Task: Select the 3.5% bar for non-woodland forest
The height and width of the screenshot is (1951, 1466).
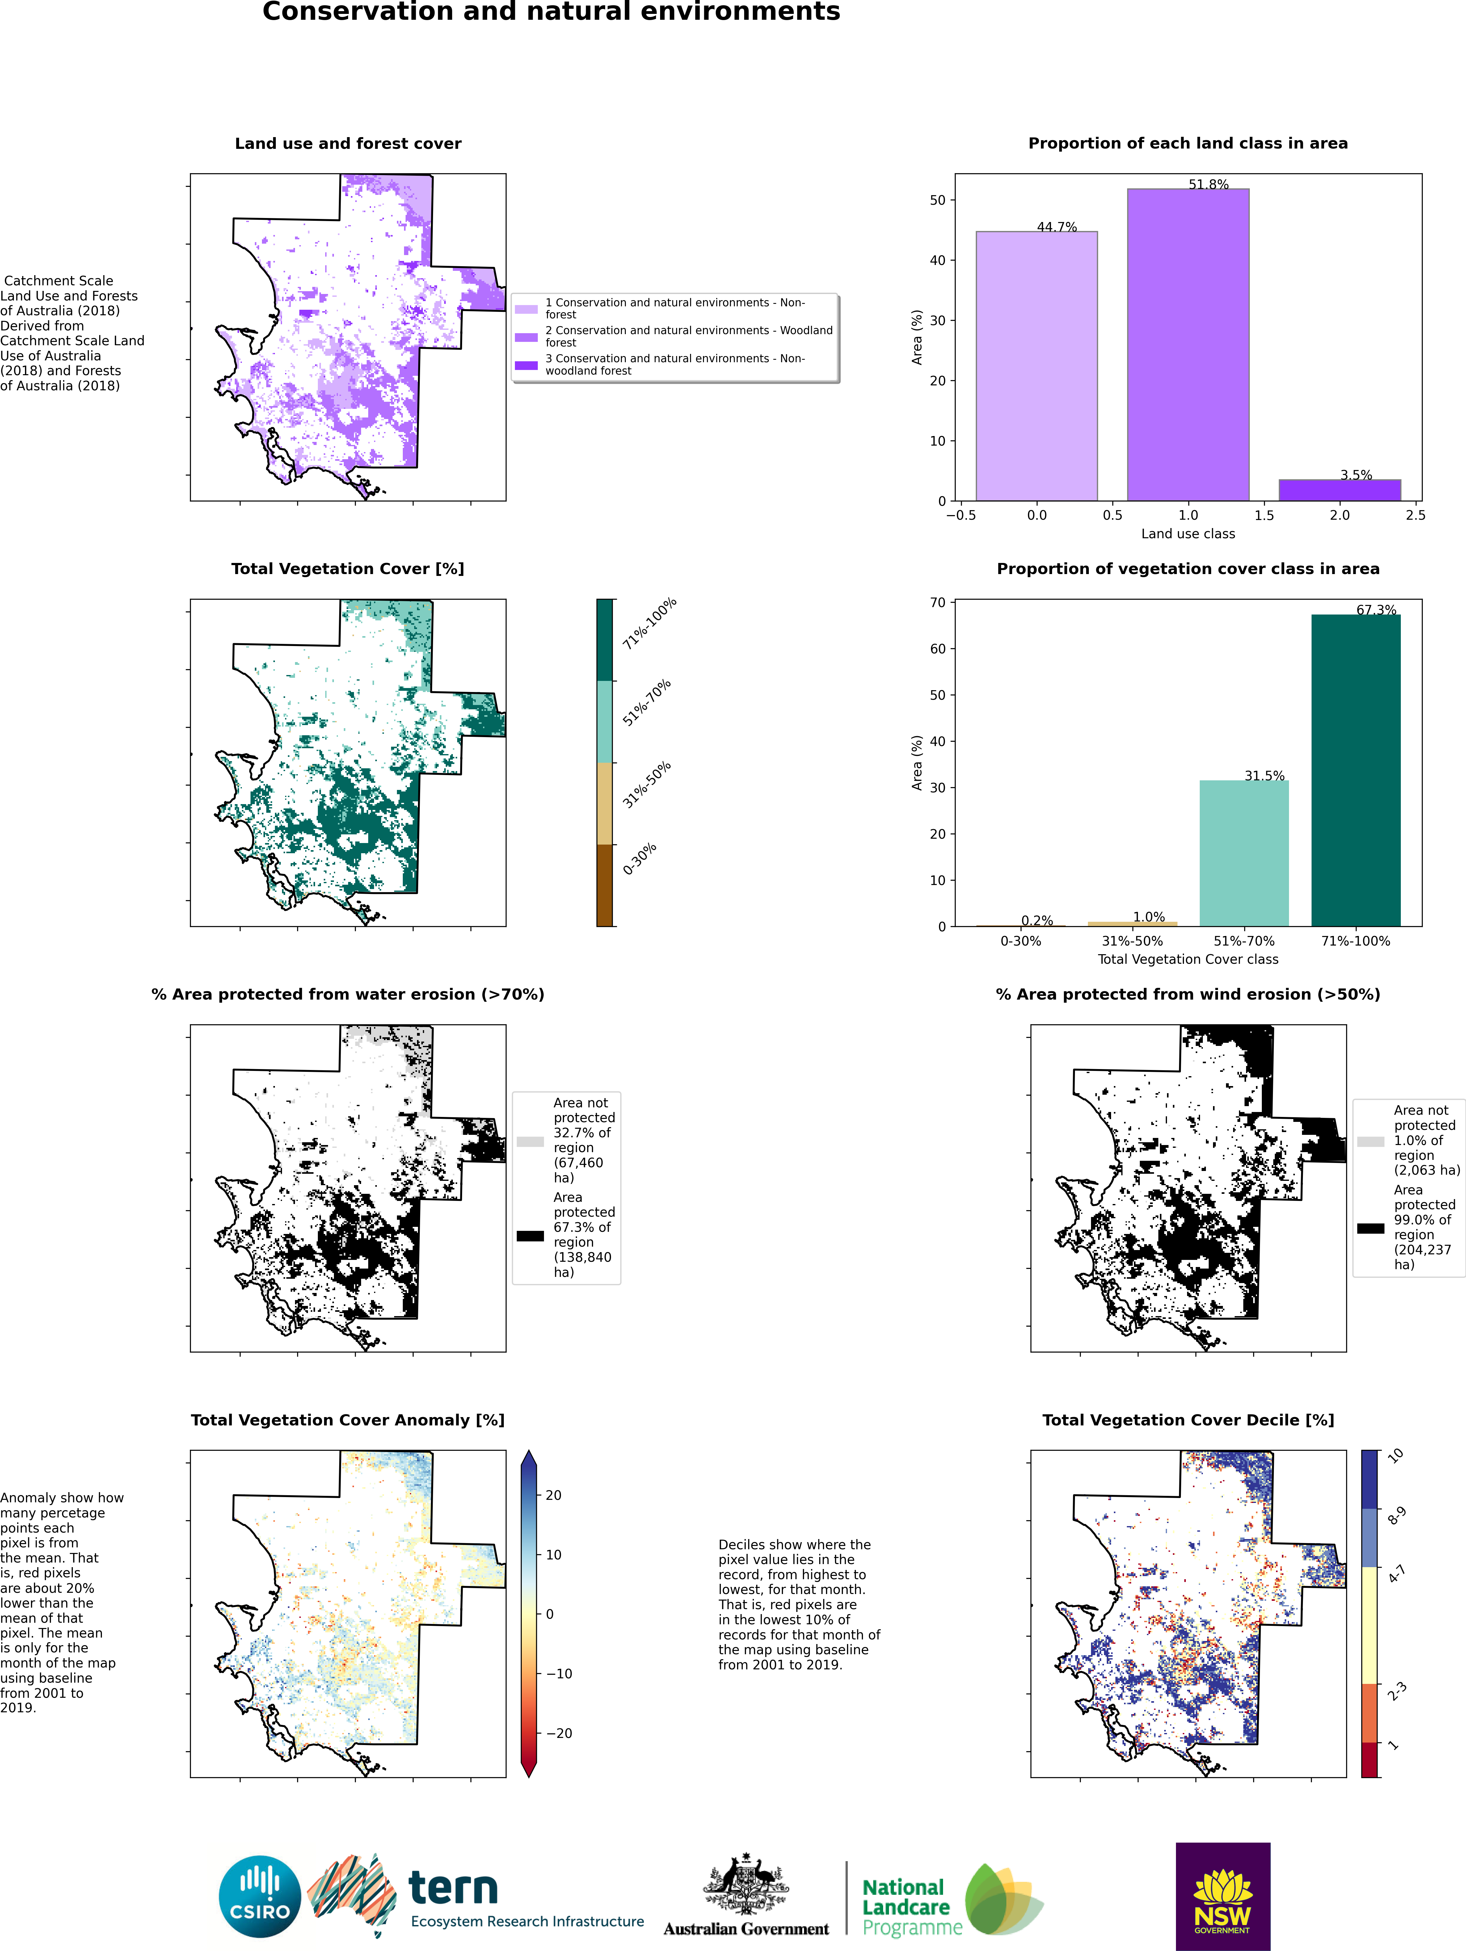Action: coord(1339,490)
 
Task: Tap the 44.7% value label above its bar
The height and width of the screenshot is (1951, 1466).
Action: coord(1057,227)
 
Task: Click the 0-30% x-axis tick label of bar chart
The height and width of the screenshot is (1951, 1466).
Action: coord(1021,941)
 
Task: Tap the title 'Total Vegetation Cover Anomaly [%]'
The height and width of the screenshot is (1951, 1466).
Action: coord(348,1420)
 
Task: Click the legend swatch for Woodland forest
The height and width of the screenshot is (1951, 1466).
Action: coord(527,337)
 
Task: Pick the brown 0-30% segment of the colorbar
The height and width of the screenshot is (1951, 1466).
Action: coord(604,885)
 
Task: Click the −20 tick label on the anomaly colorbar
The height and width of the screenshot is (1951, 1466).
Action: coord(558,1733)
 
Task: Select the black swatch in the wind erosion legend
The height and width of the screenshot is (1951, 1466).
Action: coord(1370,1228)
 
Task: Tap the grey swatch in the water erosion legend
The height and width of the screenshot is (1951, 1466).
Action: coord(530,1141)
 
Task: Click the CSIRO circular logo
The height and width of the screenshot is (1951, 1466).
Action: coord(260,1896)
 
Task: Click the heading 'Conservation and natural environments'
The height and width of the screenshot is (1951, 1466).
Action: coord(551,12)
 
